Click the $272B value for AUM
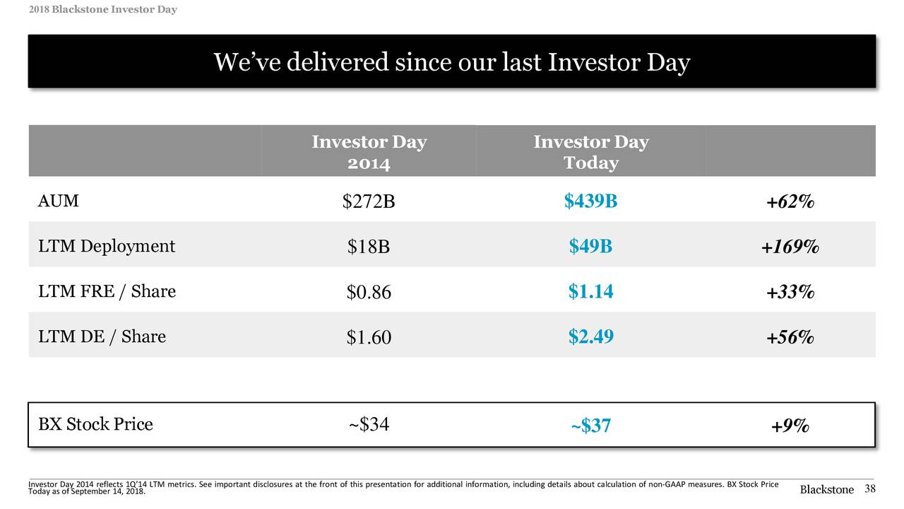coord(368,202)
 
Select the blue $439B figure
coord(590,201)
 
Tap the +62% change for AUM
coord(790,202)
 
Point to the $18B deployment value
coord(368,247)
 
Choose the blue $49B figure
coord(590,246)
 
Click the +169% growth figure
coord(790,247)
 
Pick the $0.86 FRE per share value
coord(368,293)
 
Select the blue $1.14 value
coord(590,291)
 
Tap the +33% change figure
coord(790,292)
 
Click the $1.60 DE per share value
coord(368,338)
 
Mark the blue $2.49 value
coord(590,337)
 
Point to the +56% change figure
coord(790,338)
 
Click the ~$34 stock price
coord(368,425)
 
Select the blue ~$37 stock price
coord(590,426)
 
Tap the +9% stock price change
coord(790,426)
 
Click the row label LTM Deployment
coord(106,246)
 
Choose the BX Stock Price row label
coord(95,424)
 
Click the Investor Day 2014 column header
coord(369,152)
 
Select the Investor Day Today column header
coord(590,152)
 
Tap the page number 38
coord(869,489)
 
